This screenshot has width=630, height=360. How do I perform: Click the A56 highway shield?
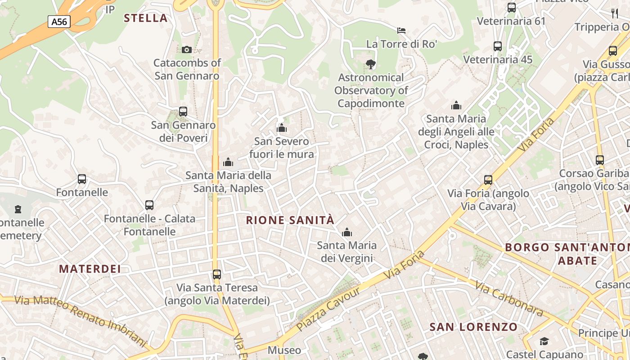point(59,21)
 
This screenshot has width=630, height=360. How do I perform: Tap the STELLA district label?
point(145,18)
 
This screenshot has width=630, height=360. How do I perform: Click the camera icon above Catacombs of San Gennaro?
point(186,49)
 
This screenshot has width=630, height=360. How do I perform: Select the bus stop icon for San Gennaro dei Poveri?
point(183,111)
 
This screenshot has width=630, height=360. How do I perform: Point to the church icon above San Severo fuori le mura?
point(282,128)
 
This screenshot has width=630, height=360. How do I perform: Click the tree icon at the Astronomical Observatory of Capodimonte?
point(371,64)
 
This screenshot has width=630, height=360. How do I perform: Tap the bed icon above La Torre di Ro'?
point(401,31)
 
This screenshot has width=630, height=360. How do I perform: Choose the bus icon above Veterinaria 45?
point(497,46)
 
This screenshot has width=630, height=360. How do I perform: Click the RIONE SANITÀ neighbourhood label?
point(290,220)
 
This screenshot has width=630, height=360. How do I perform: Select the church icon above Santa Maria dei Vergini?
point(346,232)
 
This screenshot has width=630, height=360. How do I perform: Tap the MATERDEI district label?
point(90,269)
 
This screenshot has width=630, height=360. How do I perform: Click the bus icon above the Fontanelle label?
point(81,179)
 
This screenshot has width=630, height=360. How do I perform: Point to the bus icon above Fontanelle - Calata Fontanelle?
point(149,205)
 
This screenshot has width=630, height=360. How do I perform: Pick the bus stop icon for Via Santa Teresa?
point(216,274)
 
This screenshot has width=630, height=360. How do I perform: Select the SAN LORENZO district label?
point(473,327)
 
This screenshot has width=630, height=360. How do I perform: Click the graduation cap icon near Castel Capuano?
point(544,341)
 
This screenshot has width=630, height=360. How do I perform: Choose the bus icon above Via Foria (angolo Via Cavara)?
point(488,180)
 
